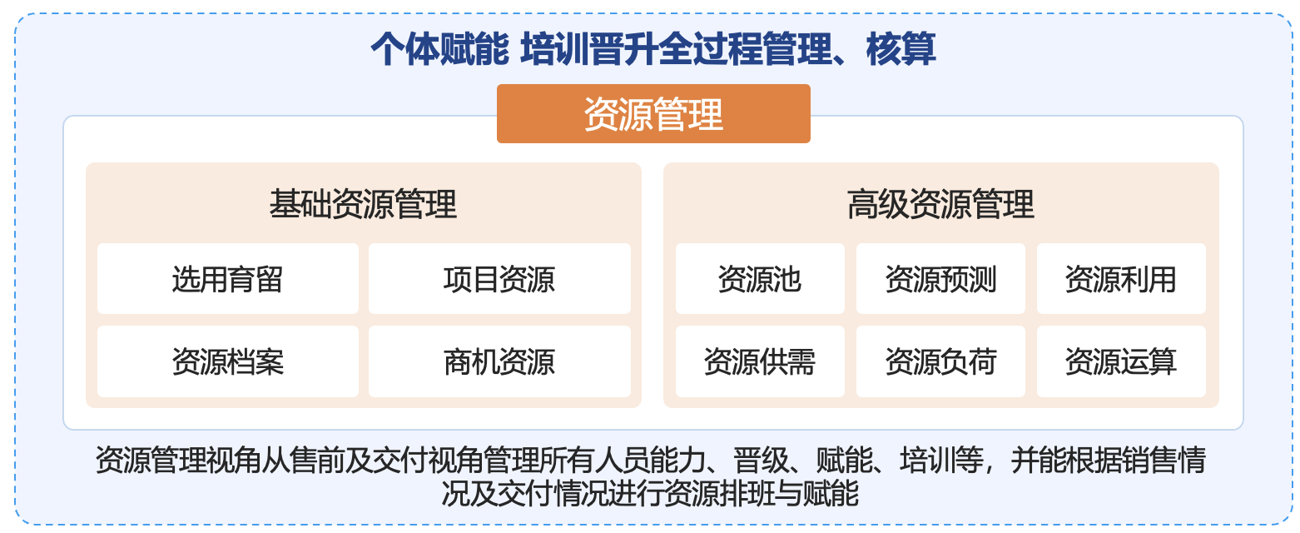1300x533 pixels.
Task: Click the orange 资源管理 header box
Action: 653,114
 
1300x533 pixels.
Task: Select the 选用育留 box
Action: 228,279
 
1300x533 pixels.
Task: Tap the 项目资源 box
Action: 499,279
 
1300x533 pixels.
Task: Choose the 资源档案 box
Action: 228,361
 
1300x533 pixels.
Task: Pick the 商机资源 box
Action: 499,361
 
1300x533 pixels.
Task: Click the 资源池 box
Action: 760,279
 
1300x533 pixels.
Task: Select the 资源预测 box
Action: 940,279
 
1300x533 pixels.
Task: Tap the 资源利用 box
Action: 1121,279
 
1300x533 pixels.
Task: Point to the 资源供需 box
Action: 760,361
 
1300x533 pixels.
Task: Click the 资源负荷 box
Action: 940,361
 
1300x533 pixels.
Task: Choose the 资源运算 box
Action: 1121,361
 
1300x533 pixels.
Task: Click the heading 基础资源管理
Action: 364,204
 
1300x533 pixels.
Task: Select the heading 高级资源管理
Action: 940,204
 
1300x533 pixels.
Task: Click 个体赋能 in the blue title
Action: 440,49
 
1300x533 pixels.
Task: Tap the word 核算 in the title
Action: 901,49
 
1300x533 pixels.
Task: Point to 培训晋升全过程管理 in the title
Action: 676,49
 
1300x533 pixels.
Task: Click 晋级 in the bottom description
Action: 760,461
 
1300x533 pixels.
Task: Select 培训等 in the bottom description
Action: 941,461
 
